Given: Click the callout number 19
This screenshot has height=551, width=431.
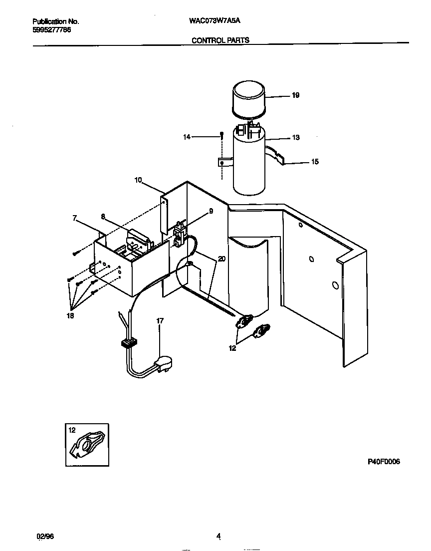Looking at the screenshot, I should [x=295, y=95].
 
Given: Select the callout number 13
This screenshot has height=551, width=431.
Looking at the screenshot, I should [x=296, y=138].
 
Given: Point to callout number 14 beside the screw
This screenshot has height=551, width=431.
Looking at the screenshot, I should [x=187, y=136].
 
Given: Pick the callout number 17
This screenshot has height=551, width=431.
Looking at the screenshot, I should [x=160, y=321].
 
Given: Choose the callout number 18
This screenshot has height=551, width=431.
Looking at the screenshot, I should [x=69, y=316].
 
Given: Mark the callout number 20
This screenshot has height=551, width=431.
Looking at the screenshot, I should [x=221, y=259].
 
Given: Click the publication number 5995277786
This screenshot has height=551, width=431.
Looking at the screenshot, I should [x=51, y=29].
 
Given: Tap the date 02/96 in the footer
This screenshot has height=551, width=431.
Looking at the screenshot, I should [x=44, y=536].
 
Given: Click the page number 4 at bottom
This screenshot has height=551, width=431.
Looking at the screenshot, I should [x=218, y=537].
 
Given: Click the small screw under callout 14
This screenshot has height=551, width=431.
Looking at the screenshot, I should [x=220, y=135].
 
